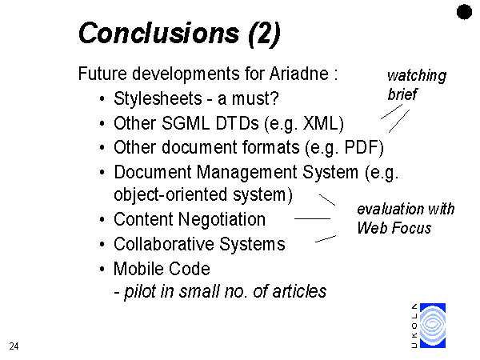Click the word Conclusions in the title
coord(159,33)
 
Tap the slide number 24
coord(14,346)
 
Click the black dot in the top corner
coord(464,12)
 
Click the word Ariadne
coord(299,74)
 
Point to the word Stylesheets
coord(158,98)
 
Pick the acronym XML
coord(321,123)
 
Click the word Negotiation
coord(222,219)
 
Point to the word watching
coord(417,76)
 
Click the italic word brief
coord(402,94)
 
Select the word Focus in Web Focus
coord(411,228)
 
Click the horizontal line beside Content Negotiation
coord(312,218)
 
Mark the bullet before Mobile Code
coord(102,270)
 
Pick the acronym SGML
coord(186,123)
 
